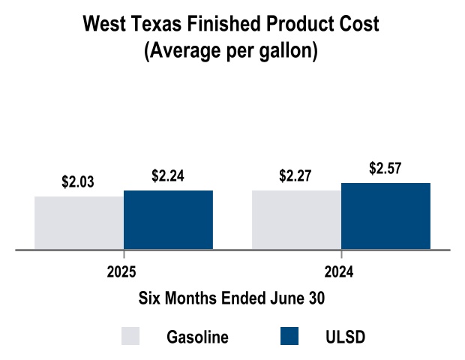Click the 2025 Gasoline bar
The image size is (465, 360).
pos(79,223)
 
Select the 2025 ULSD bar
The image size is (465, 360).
pos(168,220)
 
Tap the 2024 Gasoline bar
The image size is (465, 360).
pos(296,220)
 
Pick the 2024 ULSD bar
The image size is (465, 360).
pos(385,216)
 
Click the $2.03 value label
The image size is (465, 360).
pos(78,182)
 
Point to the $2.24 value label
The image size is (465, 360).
pos(168,176)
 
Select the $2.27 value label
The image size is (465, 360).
pos(295,176)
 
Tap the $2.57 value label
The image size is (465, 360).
pos(385,169)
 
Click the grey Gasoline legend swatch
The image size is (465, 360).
pos(130,336)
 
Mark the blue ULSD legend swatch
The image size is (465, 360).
pos(289,336)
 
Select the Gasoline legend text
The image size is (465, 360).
pos(197,337)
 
